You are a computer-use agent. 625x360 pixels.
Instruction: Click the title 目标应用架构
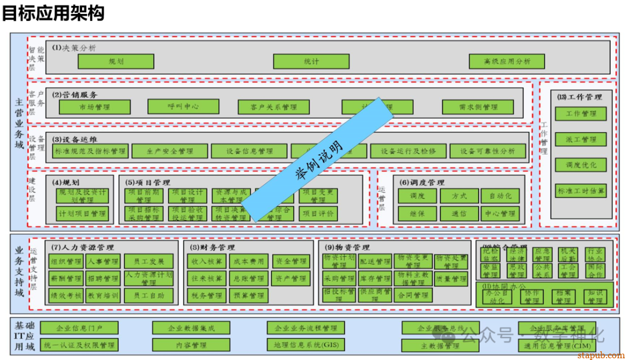[x=53, y=13]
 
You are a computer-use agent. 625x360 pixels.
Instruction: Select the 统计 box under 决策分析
[x=311, y=61]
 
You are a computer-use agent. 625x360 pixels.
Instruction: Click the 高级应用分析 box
[x=507, y=61]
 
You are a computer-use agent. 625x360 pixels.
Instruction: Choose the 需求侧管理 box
[x=478, y=107]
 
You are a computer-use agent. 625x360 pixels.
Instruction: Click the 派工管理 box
[x=580, y=139]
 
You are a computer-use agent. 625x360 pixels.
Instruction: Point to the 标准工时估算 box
[x=580, y=190]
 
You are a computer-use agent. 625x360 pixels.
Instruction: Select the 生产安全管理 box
[x=170, y=151]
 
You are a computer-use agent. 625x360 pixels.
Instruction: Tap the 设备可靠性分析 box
[x=488, y=151]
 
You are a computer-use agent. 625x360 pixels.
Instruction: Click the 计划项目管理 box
[x=82, y=214]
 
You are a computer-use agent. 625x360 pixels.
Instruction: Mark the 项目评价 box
[x=318, y=214]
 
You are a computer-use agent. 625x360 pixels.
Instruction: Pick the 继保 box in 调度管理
[x=417, y=214]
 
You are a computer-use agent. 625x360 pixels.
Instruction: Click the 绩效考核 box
[x=66, y=296]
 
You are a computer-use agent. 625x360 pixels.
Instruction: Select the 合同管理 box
[x=413, y=296]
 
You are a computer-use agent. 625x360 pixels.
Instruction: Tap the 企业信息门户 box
[x=79, y=328]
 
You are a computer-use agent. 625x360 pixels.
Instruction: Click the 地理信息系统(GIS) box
[x=310, y=346]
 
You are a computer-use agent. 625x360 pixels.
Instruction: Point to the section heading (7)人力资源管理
[x=82, y=248]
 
